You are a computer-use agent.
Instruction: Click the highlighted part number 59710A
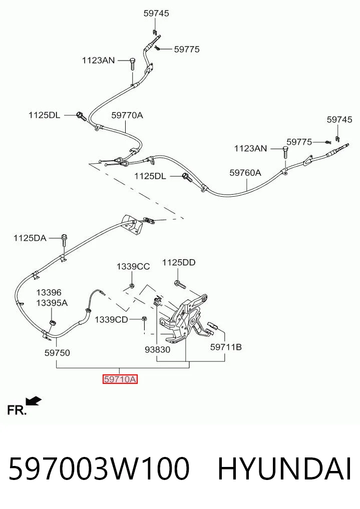120,379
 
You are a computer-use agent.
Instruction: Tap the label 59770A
127,115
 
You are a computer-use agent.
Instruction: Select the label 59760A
245,173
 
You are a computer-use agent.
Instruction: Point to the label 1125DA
30,238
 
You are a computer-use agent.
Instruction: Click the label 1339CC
133,266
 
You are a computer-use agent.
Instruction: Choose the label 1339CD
111,320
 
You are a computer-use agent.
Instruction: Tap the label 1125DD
179,262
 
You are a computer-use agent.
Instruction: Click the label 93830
157,350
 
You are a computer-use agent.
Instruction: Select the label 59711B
226,347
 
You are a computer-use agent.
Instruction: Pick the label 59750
57,353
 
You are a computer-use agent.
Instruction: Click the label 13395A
52,303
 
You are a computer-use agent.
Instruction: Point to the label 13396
49,292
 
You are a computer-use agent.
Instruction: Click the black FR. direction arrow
34,401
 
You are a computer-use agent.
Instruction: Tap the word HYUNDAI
284,469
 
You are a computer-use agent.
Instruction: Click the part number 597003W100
99,469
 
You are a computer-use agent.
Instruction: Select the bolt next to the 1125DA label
64,241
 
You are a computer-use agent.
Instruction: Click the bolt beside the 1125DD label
180,284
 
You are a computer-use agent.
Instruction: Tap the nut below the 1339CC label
132,286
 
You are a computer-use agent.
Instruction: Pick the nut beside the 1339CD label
144,318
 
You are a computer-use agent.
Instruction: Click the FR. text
17,410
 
